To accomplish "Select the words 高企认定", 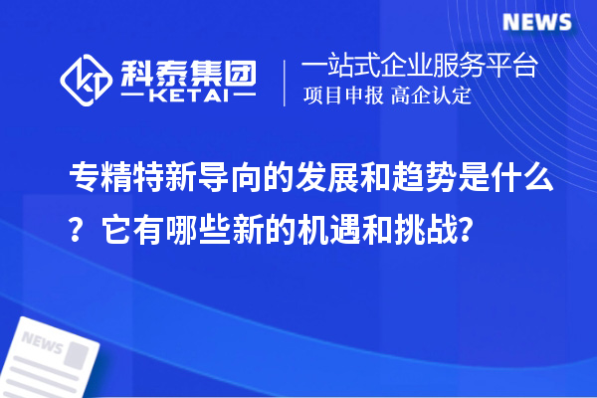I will tap(432, 99).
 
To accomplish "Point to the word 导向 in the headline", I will tap(205, 179).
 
